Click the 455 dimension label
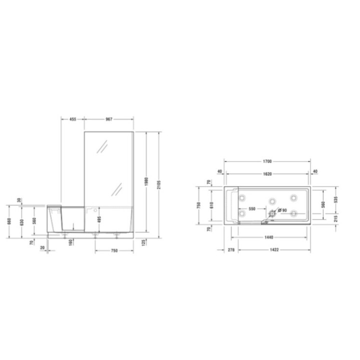pyautogui.click(x=72, y=119)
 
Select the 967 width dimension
pyautogui.click(x=108, y=119)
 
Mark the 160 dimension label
pyautogui.click(x=72, y=241)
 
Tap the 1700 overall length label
pyautogui.click(x=267, y=161)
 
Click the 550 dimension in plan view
pyautogui.click(x=252, y=208)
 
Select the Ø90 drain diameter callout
pyautogui.click(x=283, y=210)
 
